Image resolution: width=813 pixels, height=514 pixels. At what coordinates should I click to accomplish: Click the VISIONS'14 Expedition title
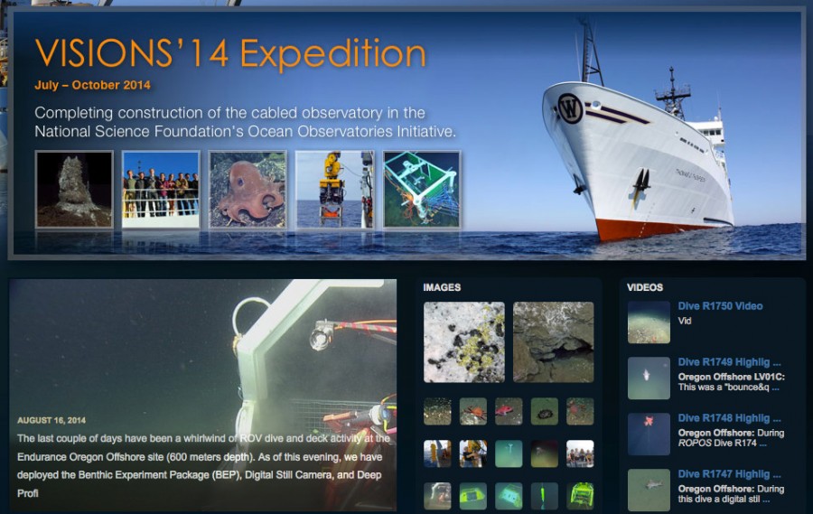point(229,54)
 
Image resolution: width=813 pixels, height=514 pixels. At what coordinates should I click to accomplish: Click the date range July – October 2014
point(92,86)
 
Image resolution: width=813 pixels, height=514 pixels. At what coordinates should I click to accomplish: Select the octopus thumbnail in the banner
point(248,189)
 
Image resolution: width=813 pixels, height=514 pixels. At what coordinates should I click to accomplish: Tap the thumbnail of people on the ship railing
point(161,189)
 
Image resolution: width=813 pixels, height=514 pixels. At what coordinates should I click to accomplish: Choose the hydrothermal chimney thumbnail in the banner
point(74,189)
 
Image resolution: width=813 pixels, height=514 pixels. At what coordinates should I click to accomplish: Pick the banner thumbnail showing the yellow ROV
point(334,189)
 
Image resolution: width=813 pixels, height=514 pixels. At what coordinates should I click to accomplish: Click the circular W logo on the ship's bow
point(570,107)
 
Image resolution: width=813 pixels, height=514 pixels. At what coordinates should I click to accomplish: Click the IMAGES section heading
point(442,287)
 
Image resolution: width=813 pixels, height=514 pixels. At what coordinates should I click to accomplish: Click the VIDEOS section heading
point(645,287)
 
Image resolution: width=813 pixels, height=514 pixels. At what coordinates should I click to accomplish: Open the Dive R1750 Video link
point(720,306)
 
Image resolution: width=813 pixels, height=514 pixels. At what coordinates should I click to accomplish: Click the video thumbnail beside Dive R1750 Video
point(649,322)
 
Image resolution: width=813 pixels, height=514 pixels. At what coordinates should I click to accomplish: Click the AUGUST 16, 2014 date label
point(51,421)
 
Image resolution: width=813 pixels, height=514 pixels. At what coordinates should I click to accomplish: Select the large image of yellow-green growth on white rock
point(464,341)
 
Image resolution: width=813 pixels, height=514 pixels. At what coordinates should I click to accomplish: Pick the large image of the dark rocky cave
point(553,341)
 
